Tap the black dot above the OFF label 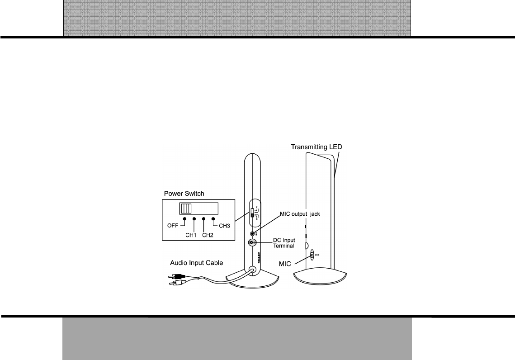(184, 219)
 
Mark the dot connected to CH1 (194, 219)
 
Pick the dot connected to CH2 (203, 219)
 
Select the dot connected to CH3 (213, 219)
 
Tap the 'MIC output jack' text (299, 214)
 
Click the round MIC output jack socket (252, 234)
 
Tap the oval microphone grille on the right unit (311, 255)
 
